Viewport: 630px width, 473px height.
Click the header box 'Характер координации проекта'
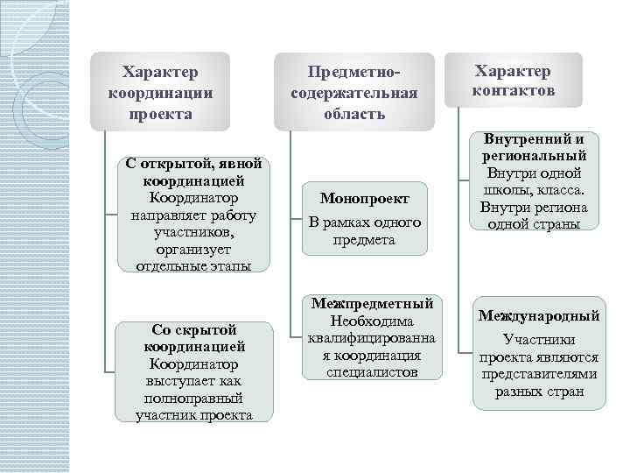coord(161,91)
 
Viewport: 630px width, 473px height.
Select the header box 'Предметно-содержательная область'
coord(354,92)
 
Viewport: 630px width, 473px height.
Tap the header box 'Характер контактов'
coord(513,81)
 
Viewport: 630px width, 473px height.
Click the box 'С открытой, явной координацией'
coord(193,215)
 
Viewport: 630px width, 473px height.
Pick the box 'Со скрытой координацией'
coord(194,371)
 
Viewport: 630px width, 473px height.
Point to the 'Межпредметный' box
coord(371,338)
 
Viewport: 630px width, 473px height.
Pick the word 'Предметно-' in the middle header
coord(354,71)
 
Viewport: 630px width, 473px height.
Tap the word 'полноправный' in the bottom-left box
coord(194,398)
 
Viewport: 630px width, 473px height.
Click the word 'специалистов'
coord(372,372)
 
